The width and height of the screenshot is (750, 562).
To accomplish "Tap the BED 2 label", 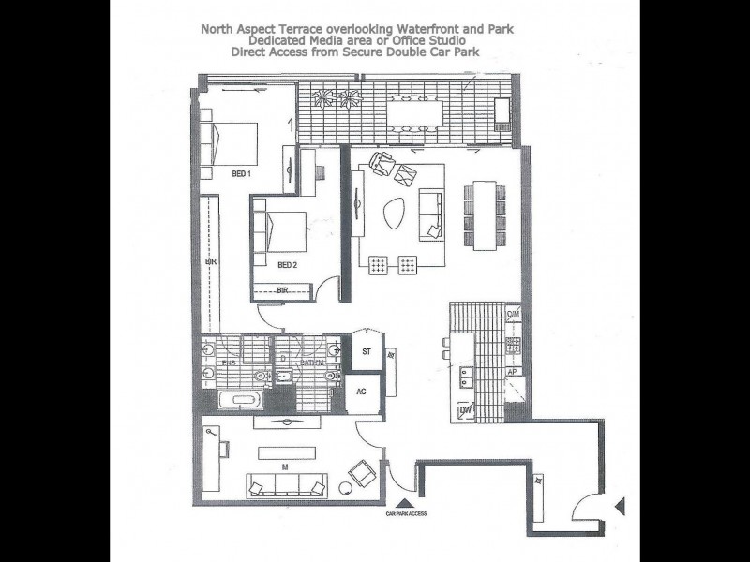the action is tap(288, 264).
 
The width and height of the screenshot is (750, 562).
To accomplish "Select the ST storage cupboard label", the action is tap(367, 351).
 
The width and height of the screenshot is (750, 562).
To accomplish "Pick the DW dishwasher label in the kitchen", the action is tap(464, 410).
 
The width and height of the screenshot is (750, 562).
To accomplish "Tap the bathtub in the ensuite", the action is tap(233, 401).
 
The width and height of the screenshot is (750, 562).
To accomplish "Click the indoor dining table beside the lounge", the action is tap(484, 214).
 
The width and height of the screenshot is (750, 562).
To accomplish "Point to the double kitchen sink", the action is tap(466, 377).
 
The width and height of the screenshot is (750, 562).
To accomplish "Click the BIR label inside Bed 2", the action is tap(282, 290).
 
